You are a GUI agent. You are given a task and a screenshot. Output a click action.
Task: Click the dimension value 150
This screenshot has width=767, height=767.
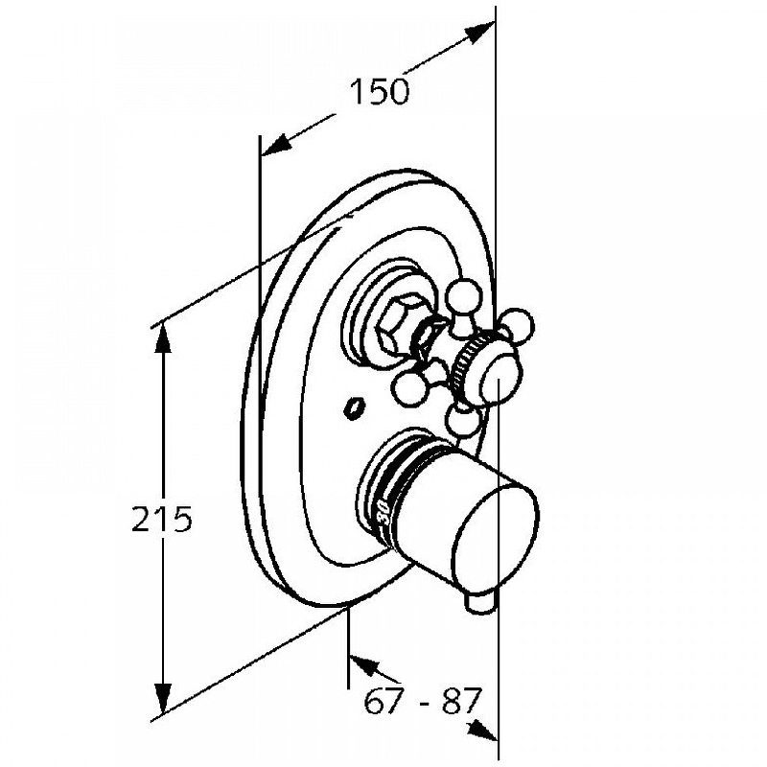point(379,91)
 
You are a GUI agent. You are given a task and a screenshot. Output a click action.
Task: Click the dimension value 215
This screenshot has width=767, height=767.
point(162,519)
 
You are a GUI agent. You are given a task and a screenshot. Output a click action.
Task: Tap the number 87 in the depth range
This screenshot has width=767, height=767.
point(461,700)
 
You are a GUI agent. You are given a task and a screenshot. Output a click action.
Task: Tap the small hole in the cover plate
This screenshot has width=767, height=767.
point(353,407)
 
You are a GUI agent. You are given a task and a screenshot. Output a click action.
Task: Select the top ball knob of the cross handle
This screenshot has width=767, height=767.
point(464,296)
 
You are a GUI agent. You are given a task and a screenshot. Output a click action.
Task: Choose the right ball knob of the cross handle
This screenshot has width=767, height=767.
point(517,324)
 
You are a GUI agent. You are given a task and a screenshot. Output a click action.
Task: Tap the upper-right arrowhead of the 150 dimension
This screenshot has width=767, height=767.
point(479,34)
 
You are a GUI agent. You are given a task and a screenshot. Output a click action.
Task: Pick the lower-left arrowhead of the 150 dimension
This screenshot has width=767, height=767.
point(276,145)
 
